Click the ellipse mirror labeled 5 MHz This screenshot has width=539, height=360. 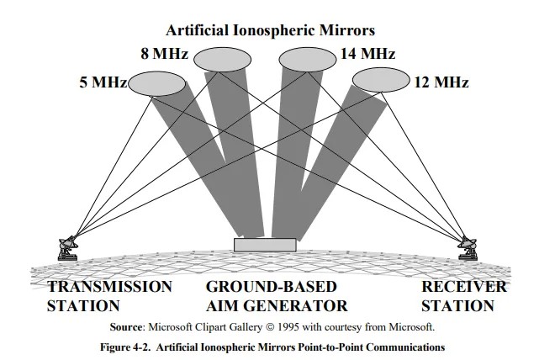tap(157, 83)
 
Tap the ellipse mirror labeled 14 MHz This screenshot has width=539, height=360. tap(307, 60)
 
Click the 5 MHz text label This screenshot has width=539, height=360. tap(98, 83)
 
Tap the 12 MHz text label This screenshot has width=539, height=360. tap(440, 83)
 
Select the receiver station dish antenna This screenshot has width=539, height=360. tap(468, 246)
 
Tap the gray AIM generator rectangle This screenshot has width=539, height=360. tap(265, 245)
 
